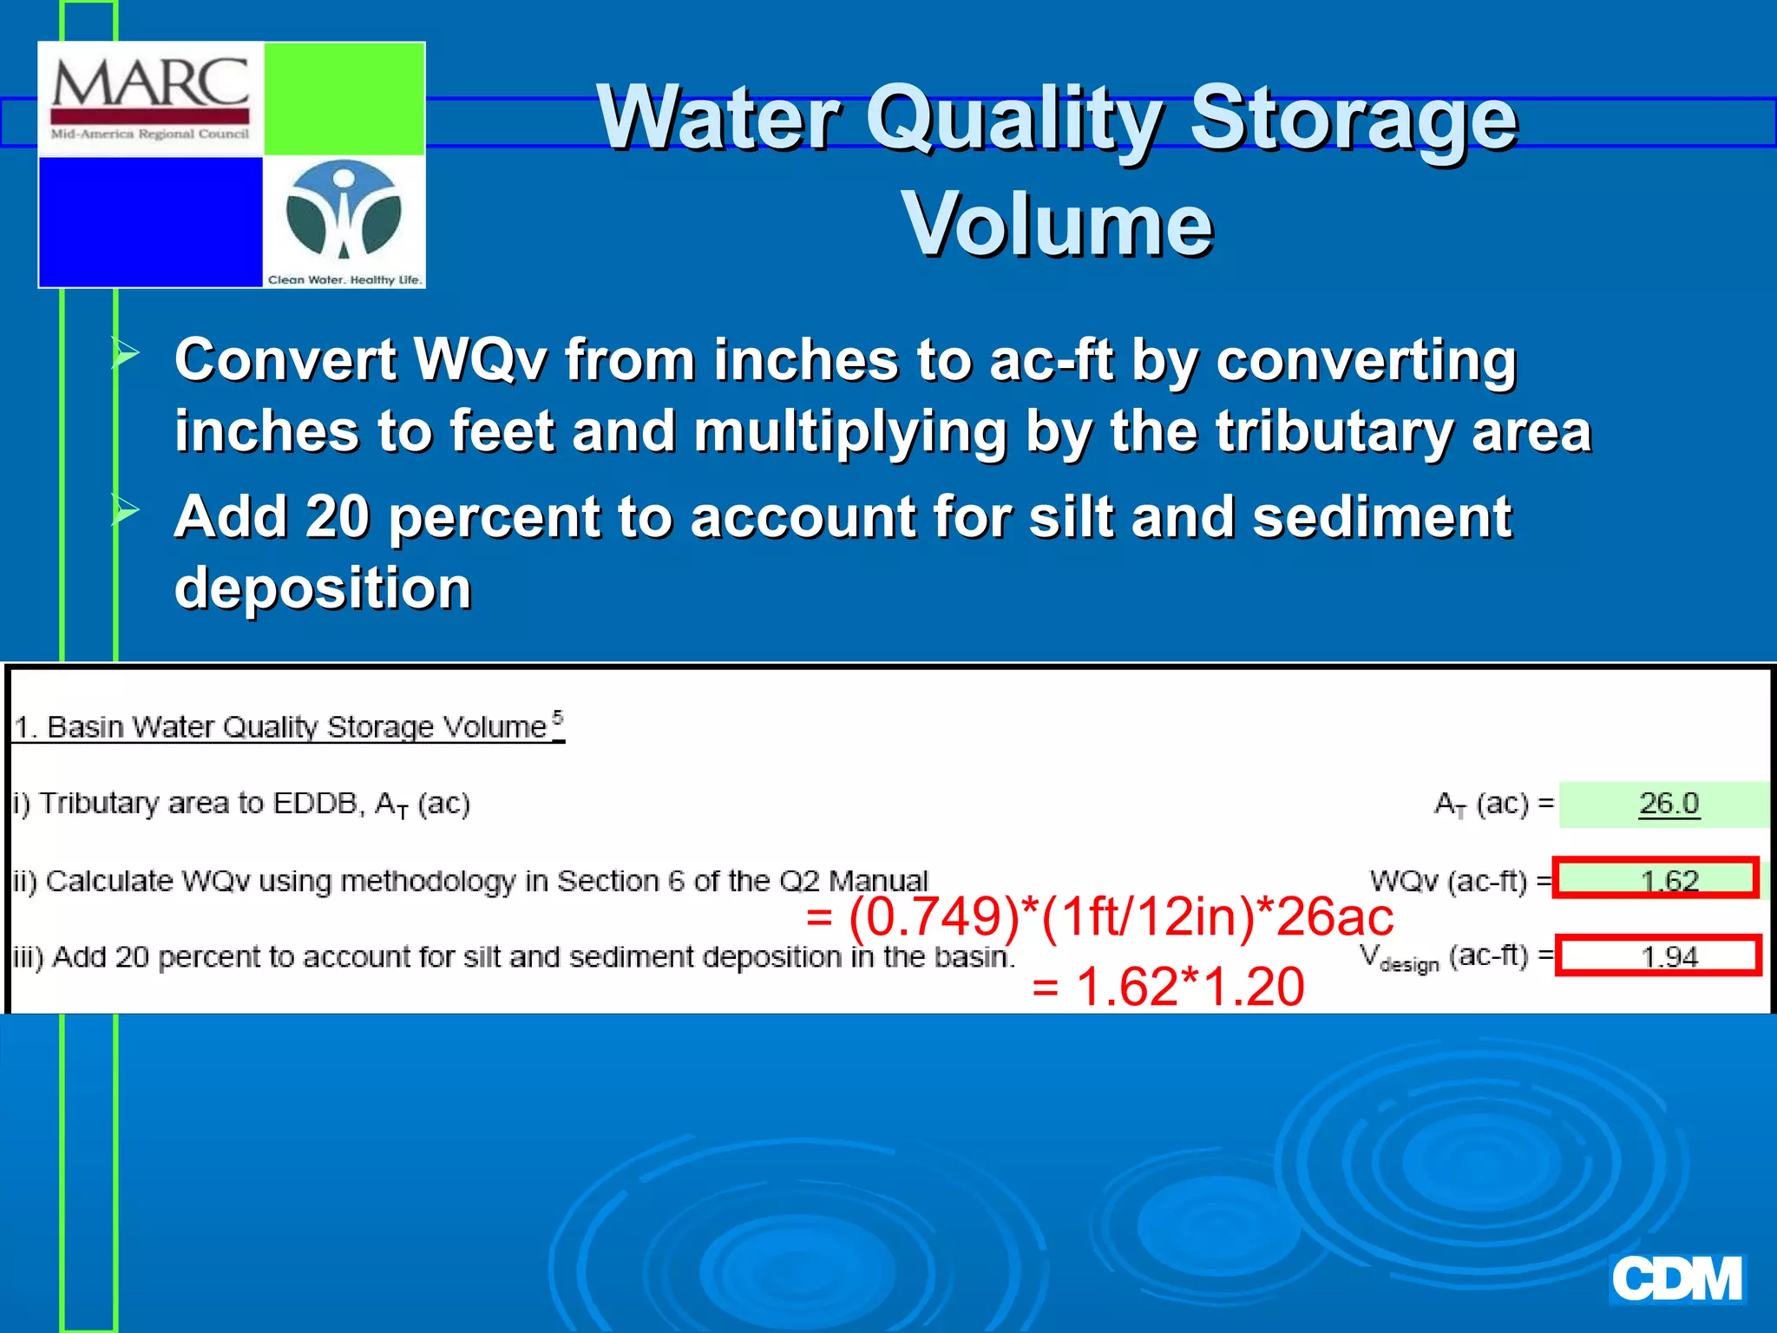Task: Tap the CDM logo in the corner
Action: click(x=1676, y=1279)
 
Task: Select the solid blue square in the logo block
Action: click(x=150, y=221)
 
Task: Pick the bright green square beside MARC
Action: click(x=344, y=98)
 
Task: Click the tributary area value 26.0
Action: click(x=1668, y=804)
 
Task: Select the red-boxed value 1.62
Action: click(x=1668, y=880)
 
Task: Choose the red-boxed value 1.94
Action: click(x=1668, y=956)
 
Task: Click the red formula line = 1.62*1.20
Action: click(x=1168, y=988)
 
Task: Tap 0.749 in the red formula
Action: click(x=934, y=917)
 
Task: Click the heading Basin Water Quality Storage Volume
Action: click(x=288, y=726)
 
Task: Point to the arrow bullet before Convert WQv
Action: click(x=126, y=354)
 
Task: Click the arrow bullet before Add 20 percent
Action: click(x=126, y=511)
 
